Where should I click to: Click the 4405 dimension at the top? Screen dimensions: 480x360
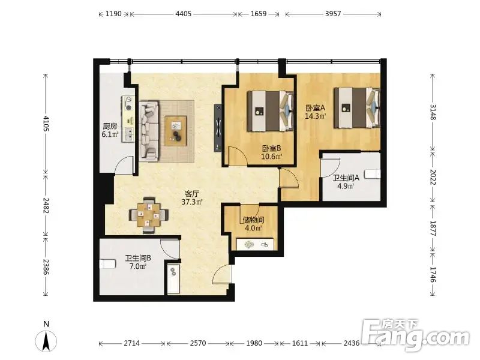pos(184,14)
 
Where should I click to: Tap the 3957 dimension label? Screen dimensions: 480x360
pos(333,14)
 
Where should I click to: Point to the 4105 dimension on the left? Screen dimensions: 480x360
pos(46,124)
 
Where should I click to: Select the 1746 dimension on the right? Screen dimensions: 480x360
pos(433,274)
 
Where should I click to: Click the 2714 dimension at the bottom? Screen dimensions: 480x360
pos(131,343)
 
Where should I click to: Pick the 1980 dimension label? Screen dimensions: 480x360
pos(254,343)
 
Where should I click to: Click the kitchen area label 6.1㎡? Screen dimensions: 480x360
pos(110,134)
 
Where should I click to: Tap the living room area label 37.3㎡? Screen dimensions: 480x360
pos(192,202)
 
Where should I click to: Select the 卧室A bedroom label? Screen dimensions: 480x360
pos(316,108)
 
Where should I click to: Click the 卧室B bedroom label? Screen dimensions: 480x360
pos(272,148)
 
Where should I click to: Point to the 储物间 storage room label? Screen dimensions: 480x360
pos(253,220)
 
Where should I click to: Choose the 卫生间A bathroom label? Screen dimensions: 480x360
pos(346,178)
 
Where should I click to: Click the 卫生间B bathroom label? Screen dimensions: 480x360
pos(138,258)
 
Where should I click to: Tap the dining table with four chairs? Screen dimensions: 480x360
pos(149,215)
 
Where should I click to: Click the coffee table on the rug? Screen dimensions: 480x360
pos(176,131)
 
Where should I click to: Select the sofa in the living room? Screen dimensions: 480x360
pos(149,131)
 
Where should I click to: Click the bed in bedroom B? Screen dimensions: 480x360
pos(271,111)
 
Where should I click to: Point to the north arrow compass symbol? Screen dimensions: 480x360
pos(46,341)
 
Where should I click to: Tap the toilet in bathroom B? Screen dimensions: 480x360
pos(107,264)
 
